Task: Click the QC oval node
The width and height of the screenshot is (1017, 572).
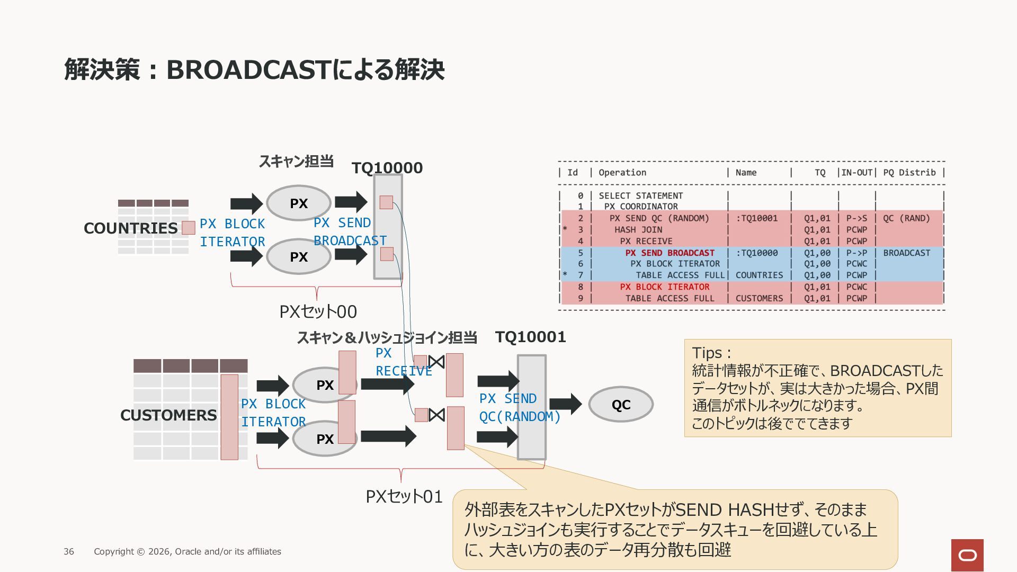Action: [621, 404]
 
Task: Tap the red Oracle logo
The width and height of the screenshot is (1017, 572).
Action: [967, 555]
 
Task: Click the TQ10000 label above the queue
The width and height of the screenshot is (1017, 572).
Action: [387, 168]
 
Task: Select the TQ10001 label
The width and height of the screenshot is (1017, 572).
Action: [530, 337]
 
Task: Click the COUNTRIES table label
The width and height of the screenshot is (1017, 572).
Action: [130, 228]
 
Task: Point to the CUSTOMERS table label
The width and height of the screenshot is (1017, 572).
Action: [168, 415]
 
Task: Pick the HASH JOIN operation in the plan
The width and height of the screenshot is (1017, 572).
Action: [638, 230]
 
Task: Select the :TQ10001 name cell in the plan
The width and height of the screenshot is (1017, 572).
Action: [757, 218]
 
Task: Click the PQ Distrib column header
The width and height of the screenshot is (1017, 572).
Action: [909, 173]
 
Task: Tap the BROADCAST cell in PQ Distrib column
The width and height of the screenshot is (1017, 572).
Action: [907, 253]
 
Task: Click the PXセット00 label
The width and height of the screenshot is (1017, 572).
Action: [318, 311]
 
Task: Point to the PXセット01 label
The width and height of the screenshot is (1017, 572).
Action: [404, 497]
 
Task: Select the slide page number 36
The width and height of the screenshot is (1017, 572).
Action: [69, 551]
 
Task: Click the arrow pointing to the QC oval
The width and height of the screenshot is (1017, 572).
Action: [566, 404]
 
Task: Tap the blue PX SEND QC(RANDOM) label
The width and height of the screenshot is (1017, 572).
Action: [520, 408]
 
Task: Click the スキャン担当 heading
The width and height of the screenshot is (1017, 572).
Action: [296, 162]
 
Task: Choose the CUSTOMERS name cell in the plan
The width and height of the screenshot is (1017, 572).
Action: [759, 299]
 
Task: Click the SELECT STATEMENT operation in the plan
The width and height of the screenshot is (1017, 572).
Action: [641, 196]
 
